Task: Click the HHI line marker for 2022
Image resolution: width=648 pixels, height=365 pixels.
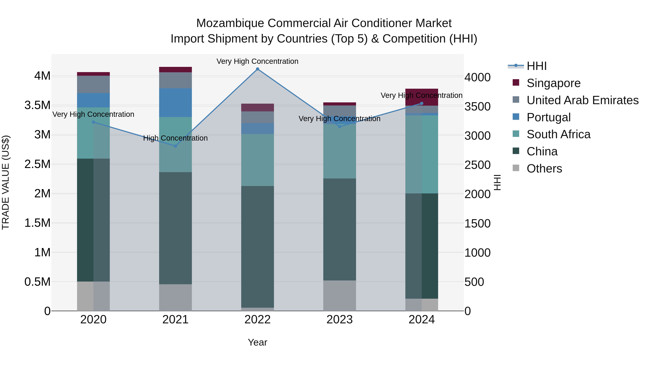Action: click(x=257, y=69)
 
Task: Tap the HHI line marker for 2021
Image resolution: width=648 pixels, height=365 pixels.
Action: click(x=175, y=146)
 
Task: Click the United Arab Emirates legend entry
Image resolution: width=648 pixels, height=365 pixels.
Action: click(x=582, y=100)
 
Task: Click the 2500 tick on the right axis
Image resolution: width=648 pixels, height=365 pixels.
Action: click(x=477, y=165)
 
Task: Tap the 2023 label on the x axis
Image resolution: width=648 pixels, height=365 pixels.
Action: click(x=339, y=320)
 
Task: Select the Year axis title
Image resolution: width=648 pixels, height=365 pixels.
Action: click(x=257, y=342)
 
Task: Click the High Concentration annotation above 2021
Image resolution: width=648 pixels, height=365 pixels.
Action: click(x=175, y=138)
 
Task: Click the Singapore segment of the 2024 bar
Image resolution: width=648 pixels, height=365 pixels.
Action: click(x=422, y=97)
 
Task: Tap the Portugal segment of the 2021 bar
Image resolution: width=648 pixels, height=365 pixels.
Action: click(x=175, y=103)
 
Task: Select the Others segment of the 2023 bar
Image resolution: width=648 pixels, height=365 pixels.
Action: click(x=339, y=295)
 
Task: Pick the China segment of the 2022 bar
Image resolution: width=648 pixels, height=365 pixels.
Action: click(x=257, y=247)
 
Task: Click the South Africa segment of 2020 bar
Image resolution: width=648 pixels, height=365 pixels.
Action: click(x=93, y=133)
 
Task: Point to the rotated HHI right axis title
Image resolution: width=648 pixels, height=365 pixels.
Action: click(x=497, y=182)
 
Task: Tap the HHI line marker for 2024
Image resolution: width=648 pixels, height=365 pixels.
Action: click(x=422, y=103)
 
